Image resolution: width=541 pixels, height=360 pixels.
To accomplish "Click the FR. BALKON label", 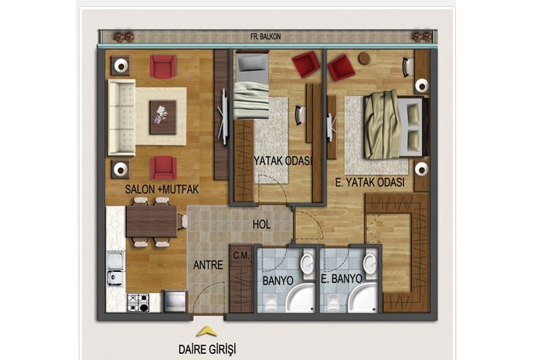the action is point(265,36).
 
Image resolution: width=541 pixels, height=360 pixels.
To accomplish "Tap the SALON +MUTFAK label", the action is point(162,189).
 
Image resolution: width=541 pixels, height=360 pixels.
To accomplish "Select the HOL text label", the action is point(261,225).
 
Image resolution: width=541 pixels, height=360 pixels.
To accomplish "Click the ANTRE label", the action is point(208,265).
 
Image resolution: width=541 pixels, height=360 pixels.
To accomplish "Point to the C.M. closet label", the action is point(241,256).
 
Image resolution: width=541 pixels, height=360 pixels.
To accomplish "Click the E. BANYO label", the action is point(342,279).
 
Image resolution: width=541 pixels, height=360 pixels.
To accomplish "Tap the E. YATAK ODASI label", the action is point(369,182).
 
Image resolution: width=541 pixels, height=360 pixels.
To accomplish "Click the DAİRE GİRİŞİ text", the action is point(207,349).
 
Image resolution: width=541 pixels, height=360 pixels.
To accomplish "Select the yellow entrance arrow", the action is point(206,331).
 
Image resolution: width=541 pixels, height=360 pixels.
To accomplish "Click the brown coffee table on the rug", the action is point(163,117).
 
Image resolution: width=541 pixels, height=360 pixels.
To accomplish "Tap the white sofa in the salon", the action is point(121,117).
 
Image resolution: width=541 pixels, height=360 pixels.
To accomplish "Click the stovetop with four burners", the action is point(138,302).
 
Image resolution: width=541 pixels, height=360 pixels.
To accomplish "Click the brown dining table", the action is point(151,221).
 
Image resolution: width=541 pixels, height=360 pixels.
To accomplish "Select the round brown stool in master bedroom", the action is point(364,58).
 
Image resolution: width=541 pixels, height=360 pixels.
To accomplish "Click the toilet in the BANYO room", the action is point(272,302).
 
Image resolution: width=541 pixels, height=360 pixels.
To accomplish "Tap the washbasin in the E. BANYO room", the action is point(370,264).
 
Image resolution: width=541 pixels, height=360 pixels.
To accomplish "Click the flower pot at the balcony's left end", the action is point(123,36).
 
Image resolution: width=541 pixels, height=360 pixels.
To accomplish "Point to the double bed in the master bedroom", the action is point(396,126).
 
